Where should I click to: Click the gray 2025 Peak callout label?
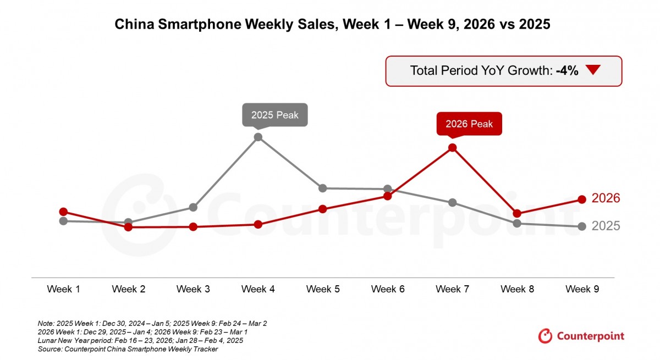pos(275,115)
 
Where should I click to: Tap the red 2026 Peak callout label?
pos(469,124)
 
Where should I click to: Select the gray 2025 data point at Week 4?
pos(258,137)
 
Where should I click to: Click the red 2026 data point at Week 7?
pos(453,147)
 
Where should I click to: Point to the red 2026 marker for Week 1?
pos(63,212)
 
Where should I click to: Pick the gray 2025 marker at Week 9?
pos(582,226)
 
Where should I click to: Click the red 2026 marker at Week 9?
pos(582,200)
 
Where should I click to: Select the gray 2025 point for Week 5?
pos(323,188)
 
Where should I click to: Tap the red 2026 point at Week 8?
pos(517,213)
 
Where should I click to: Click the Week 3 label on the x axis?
pos(193,289)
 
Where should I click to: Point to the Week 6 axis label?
pos(388,289)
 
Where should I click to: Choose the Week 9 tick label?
pos(582,289)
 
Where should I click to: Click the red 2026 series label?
pos(606,198)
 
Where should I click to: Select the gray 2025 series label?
pos(606,226)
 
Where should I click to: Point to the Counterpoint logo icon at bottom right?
pos(545,336)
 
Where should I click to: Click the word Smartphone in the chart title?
pos(195,25)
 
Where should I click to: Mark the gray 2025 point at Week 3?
pos(193,207)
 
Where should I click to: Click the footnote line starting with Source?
pos(128,349)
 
